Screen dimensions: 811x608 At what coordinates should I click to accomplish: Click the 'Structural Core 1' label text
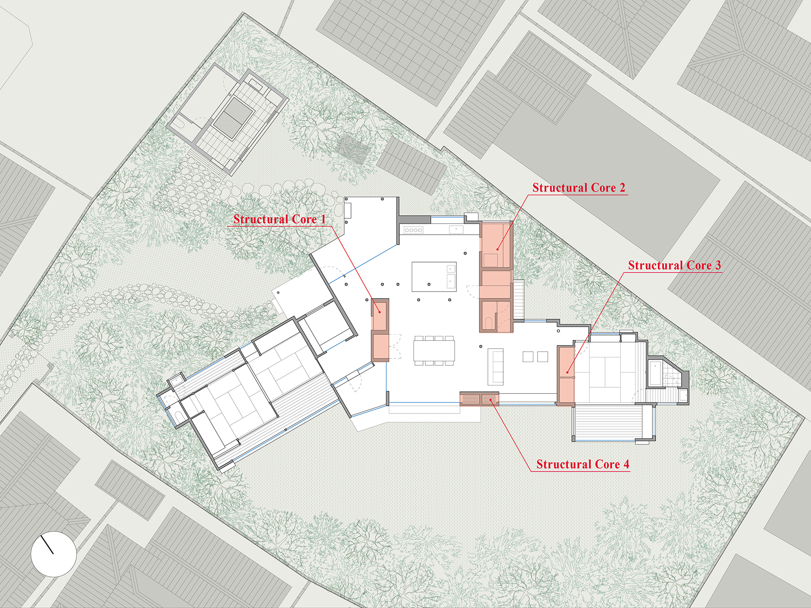(x=279, y=219)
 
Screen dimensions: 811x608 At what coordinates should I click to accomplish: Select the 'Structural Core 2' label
(x=579, y=188)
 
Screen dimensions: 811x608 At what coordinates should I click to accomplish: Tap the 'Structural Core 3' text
(x=674, y=265)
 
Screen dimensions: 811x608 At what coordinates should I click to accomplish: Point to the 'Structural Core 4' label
(x=583, y=464)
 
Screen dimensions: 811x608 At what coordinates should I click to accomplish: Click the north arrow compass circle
(x=54, y=554)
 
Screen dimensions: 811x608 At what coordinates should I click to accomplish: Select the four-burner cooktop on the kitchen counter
(x=413, y=230)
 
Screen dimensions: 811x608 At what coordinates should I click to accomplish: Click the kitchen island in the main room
(x=434, y=277)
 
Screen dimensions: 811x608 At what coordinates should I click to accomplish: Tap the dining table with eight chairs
(x=434, y=350)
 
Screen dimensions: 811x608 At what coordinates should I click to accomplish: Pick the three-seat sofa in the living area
(x=496, y=367)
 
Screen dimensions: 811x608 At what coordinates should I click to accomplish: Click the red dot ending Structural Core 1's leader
(x=380, y=312)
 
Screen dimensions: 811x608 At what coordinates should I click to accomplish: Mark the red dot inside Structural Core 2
(x=497, y=249)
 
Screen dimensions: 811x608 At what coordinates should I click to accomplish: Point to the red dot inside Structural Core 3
(x=568, y=372)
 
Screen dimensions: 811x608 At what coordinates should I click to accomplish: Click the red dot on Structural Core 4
(x=491, y=399)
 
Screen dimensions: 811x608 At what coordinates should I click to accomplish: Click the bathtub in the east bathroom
(x=655, y=373)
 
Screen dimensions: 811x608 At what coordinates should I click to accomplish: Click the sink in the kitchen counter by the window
(x=456, y=230)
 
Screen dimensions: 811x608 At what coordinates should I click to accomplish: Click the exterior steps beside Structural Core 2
(x=519, y=299)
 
